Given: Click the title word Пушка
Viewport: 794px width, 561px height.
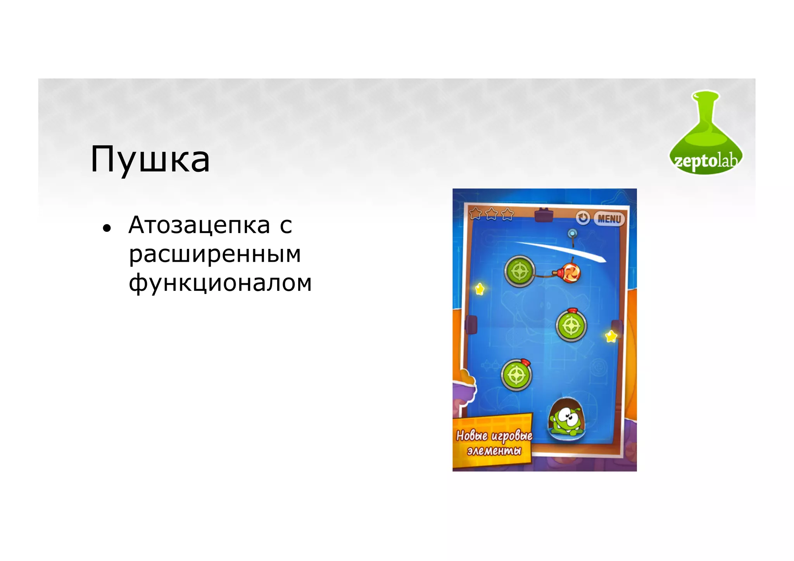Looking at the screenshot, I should [150, 159].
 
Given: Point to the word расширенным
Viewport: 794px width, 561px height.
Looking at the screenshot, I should [215, 254].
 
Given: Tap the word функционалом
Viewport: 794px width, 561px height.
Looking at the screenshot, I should [220, 283].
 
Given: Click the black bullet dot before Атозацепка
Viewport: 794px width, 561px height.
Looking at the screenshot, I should [107, 228].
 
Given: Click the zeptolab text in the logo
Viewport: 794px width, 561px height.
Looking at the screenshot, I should [705, 160].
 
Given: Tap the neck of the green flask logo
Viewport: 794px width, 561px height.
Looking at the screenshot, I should [706, 112].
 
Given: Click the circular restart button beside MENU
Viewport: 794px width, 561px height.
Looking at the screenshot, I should [582, 218].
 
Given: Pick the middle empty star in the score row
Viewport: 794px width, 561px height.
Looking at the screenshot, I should [492, 214].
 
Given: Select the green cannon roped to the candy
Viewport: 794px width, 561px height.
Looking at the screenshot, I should [520, 271].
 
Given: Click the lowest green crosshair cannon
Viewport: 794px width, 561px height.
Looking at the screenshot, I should [516, 375].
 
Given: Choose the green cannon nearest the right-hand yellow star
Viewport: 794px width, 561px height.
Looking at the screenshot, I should [571, 326].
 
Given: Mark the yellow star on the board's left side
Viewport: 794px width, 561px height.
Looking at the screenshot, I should [480, 289].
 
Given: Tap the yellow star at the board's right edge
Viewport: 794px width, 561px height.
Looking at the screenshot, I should [611, 336].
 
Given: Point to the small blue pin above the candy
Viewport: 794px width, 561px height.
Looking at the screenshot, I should [572, 233].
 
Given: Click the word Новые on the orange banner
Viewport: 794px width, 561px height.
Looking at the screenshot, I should [472, 436].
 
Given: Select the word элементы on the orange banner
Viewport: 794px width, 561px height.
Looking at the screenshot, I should [494, 451].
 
